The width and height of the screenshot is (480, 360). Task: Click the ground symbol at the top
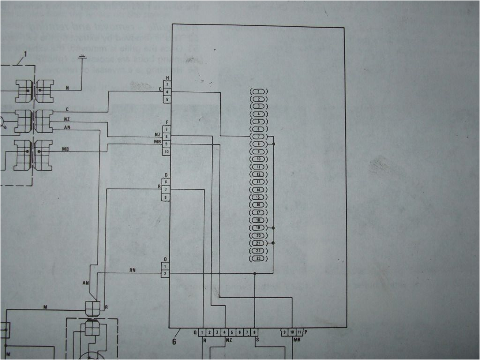[82, 58]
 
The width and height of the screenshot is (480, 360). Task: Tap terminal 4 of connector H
[167, 92]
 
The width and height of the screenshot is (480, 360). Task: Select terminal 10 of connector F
[166, 152]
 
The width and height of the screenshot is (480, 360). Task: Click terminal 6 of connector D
[166, 181]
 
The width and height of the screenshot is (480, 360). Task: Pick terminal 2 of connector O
[165, 273]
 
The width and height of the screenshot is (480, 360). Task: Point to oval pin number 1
[259, 91]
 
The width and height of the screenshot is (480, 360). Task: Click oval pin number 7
[259, 136]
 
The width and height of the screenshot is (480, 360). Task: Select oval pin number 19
[259, 227]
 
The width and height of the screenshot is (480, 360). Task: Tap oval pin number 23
[259, 258]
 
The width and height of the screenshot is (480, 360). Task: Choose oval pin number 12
[259, 174]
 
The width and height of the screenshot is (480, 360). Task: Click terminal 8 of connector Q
[255, 332]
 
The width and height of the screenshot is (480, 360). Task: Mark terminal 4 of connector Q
[225, 332]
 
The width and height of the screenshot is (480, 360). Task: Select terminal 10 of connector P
[292, 332]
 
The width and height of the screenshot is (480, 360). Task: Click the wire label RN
[133, 270]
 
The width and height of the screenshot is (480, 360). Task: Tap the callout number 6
[174, 342]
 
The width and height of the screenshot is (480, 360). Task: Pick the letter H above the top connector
[167, 78]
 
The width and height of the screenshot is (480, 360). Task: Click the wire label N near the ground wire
[67, 88]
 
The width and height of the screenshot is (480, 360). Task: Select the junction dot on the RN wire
[255, 273]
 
